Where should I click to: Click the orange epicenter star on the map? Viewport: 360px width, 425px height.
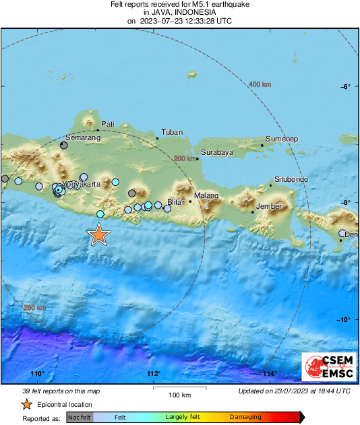(98, 234)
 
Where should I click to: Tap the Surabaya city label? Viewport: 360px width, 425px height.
(216, 152)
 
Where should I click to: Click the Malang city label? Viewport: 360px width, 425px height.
(206, 196)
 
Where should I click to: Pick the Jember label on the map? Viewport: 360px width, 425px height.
(268, 206)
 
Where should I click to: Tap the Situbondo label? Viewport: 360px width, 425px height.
(291, 179)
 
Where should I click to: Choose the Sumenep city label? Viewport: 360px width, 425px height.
(282, 139)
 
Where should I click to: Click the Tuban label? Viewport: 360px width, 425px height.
(173, 132)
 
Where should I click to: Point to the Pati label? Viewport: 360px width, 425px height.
(108, 124)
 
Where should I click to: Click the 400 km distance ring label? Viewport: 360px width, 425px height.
(260, 84)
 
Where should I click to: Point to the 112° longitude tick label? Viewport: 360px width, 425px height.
(153, 374)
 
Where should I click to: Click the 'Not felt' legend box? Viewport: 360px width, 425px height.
(80, 417)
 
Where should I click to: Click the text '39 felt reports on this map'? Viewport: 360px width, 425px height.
(62, 391)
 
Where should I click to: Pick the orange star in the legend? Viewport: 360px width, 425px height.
(26, 404)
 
